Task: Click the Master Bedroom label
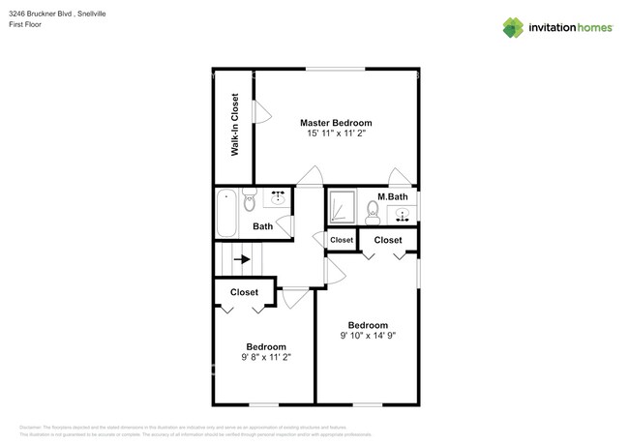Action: click(x=335, y=123)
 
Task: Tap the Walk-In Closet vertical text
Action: click(x=234, y=125)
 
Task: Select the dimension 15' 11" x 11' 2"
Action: click(x=335, y=135)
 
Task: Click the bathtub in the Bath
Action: click(x=226, y=213)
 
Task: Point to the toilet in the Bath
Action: click(x=250, y=201)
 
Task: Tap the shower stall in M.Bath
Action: click(x=343, y=205)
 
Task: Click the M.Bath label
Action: click(x=392, y=200)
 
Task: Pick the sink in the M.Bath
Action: click(x=404, y=216)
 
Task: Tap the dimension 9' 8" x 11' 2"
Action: click(x=265, y=357)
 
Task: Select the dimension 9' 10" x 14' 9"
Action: click(x=368, y=336)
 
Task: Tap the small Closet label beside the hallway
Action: click(x=342, y=240)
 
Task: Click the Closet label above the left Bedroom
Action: click(x=244, y=291)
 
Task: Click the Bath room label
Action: click(x=262, y=226)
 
